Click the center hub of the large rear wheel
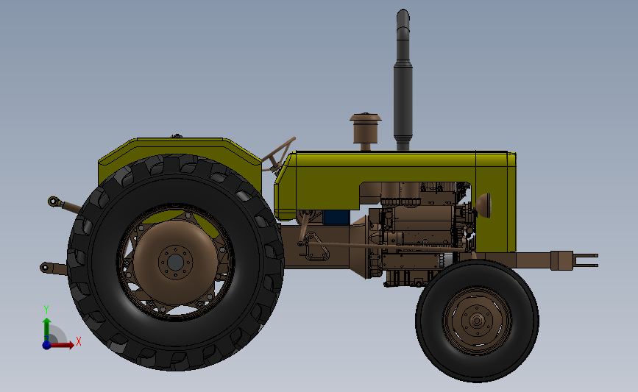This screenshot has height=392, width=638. pyautogui.click(x=175, y=262)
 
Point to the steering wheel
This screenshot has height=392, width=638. pyautogui.click(x=281, y=153)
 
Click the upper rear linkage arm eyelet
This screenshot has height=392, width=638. pyautogui.click(x=53, y=200)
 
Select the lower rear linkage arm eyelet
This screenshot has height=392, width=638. pyautogui.click(x=46, y=268)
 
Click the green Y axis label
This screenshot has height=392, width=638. pyautogui.click(x=46, y=310)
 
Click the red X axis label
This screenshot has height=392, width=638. pyautogui.click(x=78, y=341)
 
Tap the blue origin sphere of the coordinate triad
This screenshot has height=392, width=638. pyautogui.click(x=46, y=344)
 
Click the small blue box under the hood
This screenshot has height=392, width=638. pyautogui.click(x=336, y=218)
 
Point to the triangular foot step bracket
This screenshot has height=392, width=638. pyautogui.click(x=314, y=247)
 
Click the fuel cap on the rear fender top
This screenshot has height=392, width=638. pyautogui.click(x=176, y=136)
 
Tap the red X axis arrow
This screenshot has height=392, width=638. pyautogui.click(x=65, y=344)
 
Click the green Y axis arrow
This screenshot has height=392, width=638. pyautogui.click(x=46, y=327)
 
